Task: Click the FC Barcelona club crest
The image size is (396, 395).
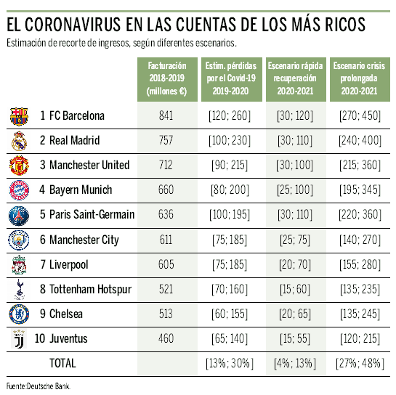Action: [19, 116]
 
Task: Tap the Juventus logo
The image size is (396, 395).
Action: [19, 338]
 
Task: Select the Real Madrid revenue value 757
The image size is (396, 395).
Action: [166, 140]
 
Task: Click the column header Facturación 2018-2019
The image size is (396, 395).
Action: [167, 78]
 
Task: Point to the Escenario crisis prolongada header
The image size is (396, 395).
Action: [359, 78]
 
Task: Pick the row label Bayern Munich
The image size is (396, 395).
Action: [81, 190]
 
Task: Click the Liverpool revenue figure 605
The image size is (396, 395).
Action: [166, 264]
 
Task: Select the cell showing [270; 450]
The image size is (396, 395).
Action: [360, 116]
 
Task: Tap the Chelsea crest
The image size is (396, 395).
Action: [19, 314]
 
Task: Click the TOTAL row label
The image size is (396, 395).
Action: [62, 363]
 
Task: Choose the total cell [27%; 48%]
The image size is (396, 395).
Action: [360, 364]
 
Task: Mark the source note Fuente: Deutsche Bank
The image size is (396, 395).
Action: [39, 386]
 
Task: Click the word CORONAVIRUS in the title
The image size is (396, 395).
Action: [73, 25]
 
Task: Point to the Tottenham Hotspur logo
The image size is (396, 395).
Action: [19, 289]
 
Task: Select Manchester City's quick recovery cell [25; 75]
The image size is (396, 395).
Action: [295, 240]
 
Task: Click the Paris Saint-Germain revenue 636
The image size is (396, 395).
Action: [166, 214]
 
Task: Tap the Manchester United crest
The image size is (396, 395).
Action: [19, 166]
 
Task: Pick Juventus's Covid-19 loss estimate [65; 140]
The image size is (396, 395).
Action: [230, 338]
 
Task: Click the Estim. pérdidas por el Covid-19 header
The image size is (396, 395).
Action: [231, 78]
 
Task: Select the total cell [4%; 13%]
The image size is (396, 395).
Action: [295, 364]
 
